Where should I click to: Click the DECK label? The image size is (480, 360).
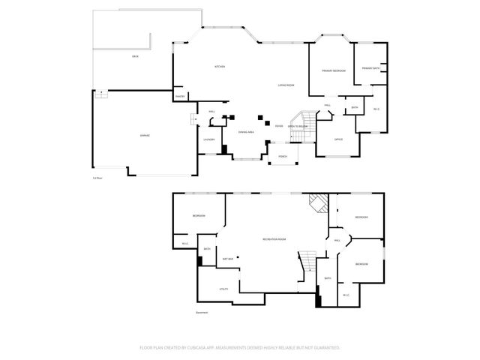(135, 56)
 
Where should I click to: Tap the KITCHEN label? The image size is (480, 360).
(220, 67)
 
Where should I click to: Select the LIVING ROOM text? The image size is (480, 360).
(286, 85)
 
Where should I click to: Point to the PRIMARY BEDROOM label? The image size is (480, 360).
(334, 70)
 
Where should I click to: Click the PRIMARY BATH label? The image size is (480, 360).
(370, 68)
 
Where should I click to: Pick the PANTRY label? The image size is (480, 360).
(180, 97)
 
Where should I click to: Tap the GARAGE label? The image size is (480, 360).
(145, 136)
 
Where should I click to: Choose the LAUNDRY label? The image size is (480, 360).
(209, 139)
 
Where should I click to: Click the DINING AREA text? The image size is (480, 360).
(247, 132)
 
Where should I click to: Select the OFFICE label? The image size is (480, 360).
(338, 139)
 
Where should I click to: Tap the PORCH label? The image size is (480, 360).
(283, 157)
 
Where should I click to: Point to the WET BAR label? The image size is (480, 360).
(228, 259)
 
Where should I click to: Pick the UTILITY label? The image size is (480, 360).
(223, 289)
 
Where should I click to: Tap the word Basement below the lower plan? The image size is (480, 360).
(202, 313)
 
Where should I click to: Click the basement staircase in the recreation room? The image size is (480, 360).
(306, 262)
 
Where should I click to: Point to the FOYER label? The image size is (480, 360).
(278, 126)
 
